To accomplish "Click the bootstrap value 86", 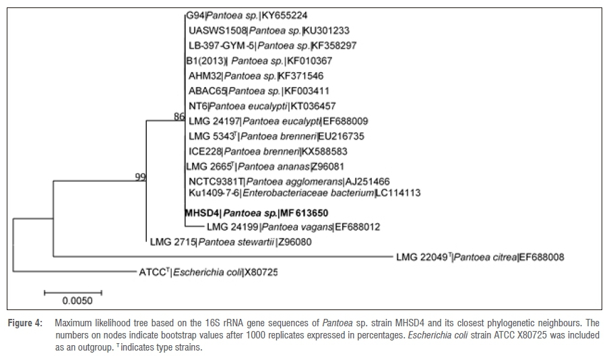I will pyautogui.click(x=179, y=117).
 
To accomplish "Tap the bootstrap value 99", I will pyautogui.click(x=140, y=177).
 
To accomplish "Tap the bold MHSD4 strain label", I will pyautogui.click(x=201, y=212).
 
